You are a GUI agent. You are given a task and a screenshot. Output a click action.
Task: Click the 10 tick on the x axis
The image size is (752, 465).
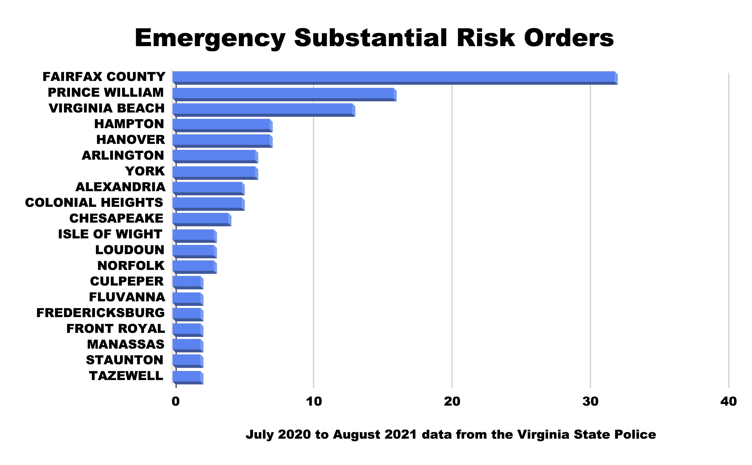pos(314,401)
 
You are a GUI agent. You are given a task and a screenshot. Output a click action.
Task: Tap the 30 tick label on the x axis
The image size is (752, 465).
pos(590,401)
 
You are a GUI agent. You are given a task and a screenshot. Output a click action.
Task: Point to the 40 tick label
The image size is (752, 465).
pos(728,401)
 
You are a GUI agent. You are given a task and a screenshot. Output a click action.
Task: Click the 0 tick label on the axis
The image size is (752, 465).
pos(176,401)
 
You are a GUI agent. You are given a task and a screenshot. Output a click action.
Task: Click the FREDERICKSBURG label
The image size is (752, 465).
pos(101,313)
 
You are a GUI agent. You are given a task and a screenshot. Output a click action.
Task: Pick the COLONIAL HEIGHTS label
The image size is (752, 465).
pos(94,203)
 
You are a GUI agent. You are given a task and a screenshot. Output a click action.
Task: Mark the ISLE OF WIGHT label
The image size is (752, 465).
pos(110,234)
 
